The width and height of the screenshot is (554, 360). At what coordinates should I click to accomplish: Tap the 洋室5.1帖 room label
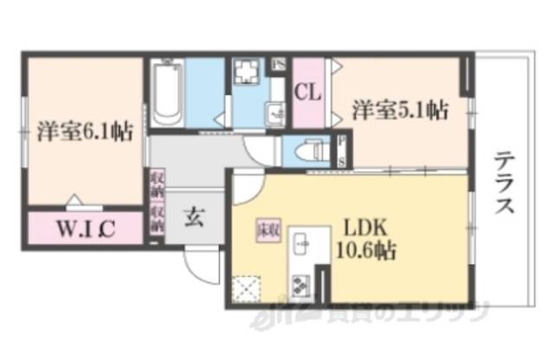pyautogui.click(x=399, y=110)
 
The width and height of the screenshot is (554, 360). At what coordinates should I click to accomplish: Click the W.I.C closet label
pyautogui.click(x=86, y=230)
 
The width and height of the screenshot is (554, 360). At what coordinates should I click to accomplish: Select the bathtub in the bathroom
pyautogui.click(x=164, y=93)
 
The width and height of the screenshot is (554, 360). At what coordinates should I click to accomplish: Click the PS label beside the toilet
pyautogui.click(x=342, y=151)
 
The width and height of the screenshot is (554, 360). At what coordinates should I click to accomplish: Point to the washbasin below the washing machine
pyautogui.click(x=275, y=112)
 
